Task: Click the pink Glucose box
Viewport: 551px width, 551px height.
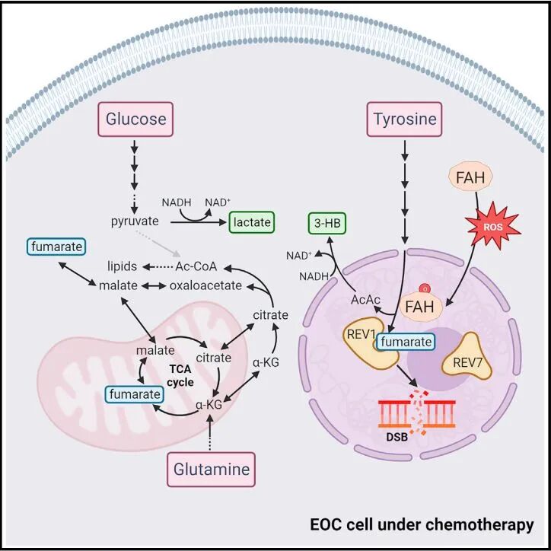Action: click(x=135, y=119)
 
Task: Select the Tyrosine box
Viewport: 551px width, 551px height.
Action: click(x=404, y=119)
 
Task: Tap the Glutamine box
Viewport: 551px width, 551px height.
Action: click(x=212, y=470)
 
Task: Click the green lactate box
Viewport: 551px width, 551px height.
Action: click(x=252, y=222)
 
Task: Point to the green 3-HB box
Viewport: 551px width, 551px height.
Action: click(x=327, y=223)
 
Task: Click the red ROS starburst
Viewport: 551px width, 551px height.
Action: click(x=492, y=225)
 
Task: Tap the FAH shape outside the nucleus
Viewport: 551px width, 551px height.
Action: click(x=470, y=177)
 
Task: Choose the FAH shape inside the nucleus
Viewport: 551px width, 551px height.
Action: click(x=420, y=307)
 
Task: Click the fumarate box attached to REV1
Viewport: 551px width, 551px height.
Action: click(x=406, y=342)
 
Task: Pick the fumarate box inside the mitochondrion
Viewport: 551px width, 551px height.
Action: click(x=135, y=394)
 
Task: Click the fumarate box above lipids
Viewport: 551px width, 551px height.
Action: click(x=56, y=247)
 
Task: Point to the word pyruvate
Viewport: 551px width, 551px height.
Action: click(x=135, y=221)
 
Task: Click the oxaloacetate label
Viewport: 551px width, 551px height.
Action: click(x=205, y=285)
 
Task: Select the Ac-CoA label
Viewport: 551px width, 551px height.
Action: click(x=196, y=266)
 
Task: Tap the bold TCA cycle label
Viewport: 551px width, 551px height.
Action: click(x=180, y=376)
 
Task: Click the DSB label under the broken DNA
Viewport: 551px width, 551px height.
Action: click(x=397, y=437)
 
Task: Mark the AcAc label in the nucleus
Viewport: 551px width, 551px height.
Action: click(x=365, y=300)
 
